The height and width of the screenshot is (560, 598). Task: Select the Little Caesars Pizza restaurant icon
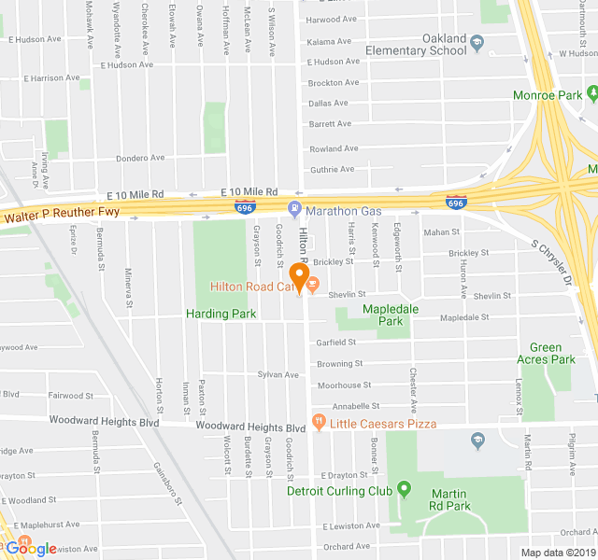pyautogui.click(x=320, y=423)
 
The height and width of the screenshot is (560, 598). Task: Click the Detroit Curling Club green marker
pyautogui.click(x=404, y=489)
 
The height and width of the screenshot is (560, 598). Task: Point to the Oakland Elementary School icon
pyautogui.click(x=477, y=42)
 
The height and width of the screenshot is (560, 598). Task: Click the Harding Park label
pyautogui.click(x=220, y=314)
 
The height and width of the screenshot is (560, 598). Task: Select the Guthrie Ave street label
pyautogui.click(x=333, y=169)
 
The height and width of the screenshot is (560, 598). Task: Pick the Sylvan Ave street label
pyautogui.click(x=278, y=374)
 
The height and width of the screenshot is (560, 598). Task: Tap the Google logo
pyautogui.click(x=31, y=548)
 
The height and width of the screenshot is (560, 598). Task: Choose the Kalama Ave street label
pyautogui.click(x=334, y=42)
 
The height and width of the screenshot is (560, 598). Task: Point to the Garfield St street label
pyautogui.click(x=336, y=343)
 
